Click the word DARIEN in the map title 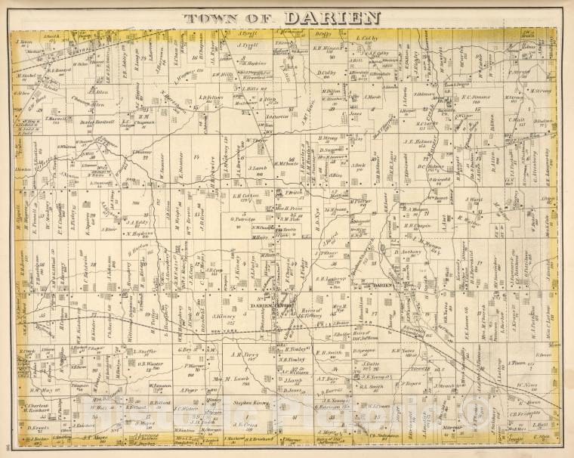332,17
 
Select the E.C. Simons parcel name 477,96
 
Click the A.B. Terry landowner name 245,354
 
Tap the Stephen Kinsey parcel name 252,404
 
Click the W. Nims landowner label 528,385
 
